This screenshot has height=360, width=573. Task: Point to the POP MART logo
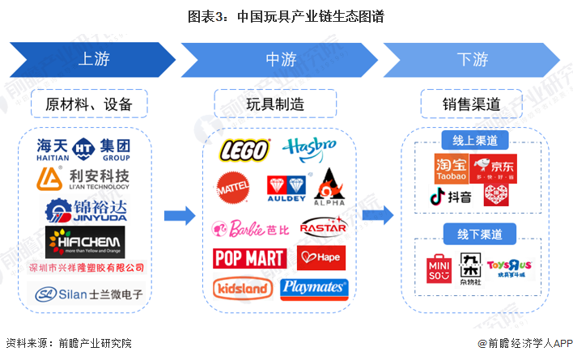249,258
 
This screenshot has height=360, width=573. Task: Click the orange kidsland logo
242,287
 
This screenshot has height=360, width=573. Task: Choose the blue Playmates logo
314,288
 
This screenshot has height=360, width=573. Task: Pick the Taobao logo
451,167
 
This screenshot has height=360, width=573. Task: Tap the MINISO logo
439,269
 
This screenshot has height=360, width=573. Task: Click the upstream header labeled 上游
93,60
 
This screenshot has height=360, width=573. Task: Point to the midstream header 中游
281,60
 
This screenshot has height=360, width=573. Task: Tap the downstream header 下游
472,60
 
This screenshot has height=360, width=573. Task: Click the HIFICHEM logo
85,240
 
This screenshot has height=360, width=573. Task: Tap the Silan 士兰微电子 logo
89,294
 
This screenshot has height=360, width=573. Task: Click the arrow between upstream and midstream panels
179,216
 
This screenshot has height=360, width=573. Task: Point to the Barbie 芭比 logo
249,228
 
